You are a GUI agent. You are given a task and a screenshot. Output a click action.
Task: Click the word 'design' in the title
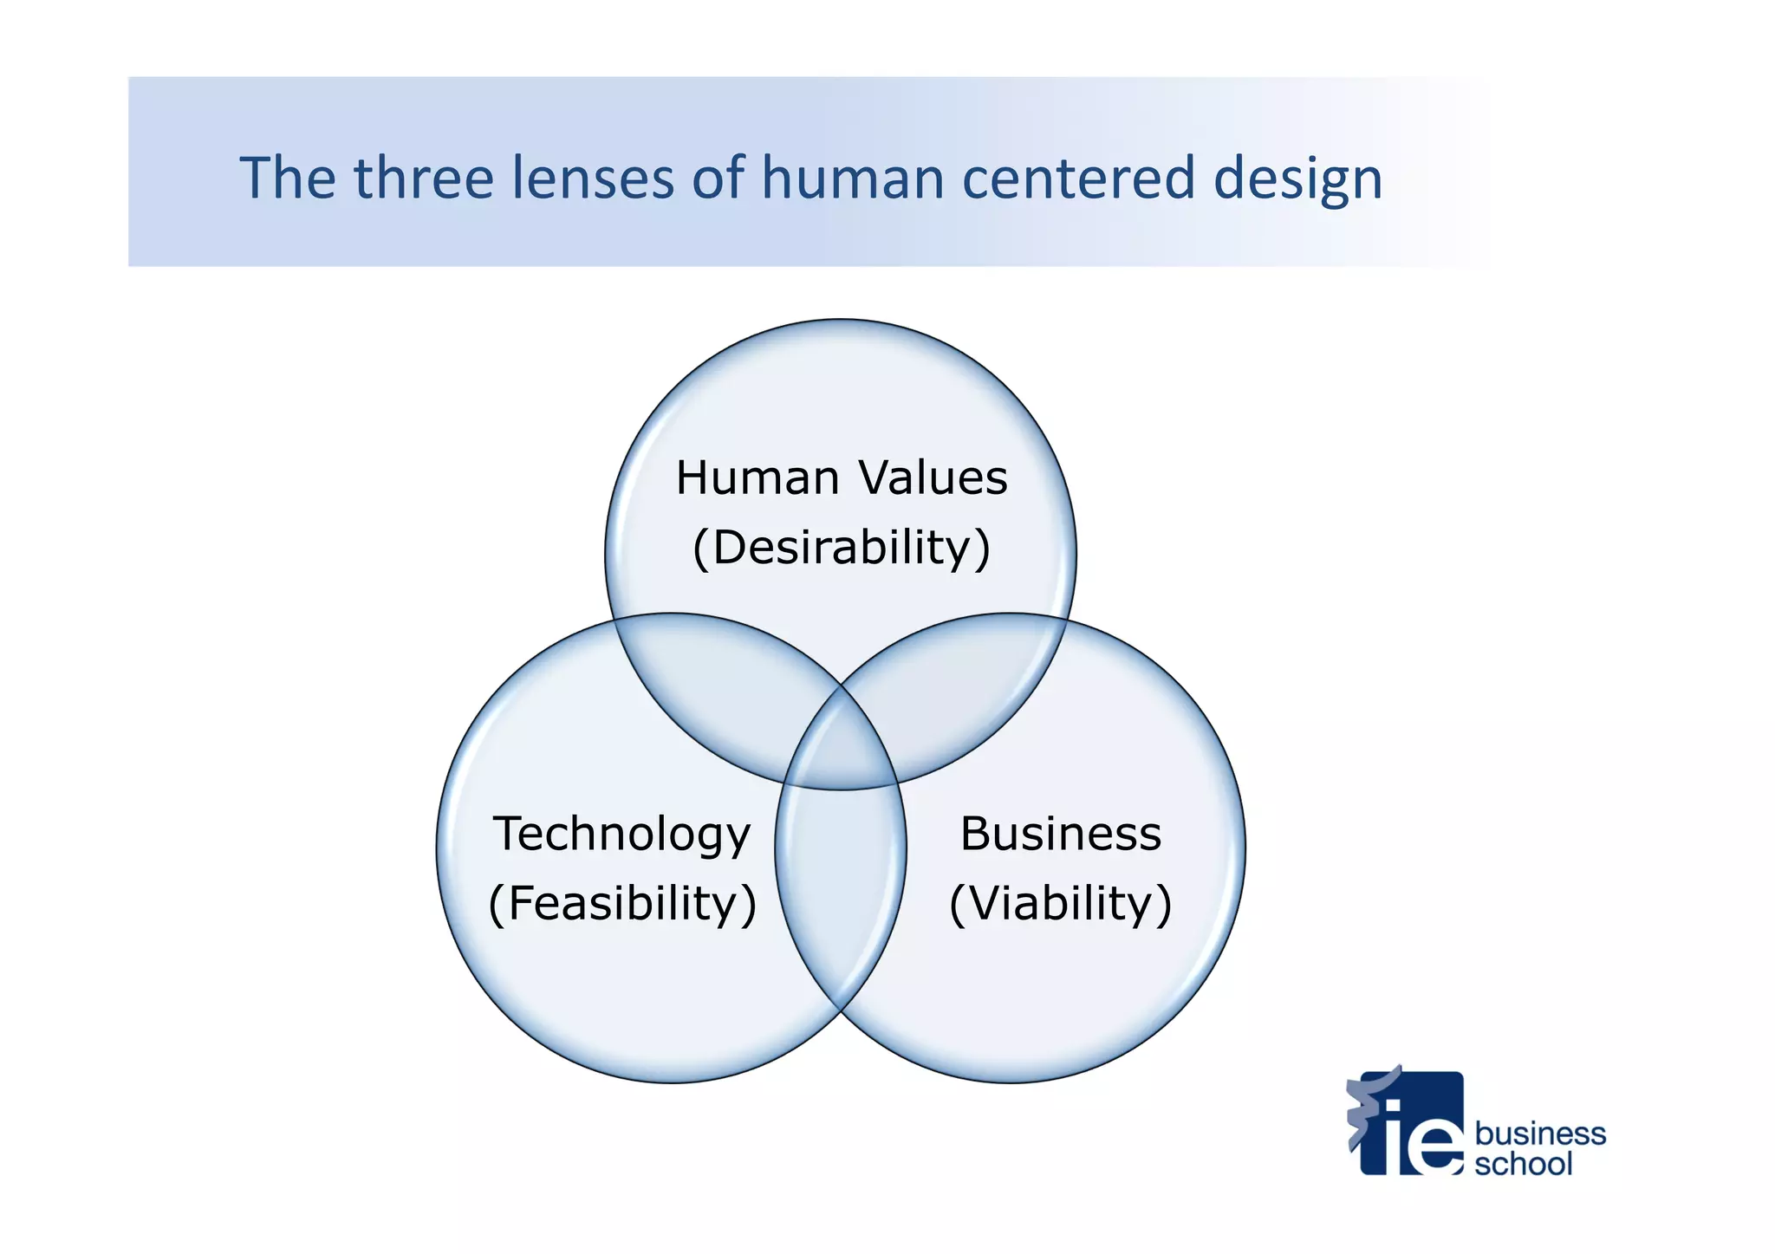click(1297, 180)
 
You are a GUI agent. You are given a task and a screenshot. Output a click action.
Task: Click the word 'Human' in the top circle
click(757, 478)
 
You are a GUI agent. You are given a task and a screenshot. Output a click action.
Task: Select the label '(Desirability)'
click(842, 548)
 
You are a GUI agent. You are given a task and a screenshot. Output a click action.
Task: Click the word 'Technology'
click(621, 835)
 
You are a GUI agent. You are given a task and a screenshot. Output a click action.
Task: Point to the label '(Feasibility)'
click(622, 903)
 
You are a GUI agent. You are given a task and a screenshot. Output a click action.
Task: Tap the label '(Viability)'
click(1060, 903)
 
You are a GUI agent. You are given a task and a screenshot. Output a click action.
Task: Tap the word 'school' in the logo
click(1523, 1164)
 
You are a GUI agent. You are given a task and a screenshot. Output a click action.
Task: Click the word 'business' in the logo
click(1540, 1133)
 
